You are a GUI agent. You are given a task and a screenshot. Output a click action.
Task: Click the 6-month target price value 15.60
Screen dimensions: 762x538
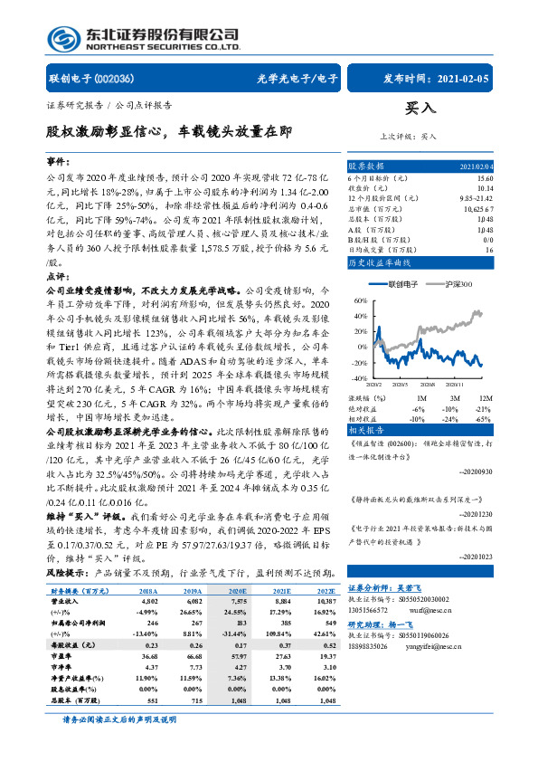click(486, 178)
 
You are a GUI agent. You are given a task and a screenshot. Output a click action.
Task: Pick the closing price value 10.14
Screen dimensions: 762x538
click(486, 188)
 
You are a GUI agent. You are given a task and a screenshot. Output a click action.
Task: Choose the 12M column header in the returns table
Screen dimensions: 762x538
click(485, 397)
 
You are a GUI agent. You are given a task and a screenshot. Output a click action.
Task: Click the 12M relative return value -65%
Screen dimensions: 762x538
click(485, 419)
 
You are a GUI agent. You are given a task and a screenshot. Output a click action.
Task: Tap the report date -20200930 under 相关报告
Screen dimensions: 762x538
click(501, 472)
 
